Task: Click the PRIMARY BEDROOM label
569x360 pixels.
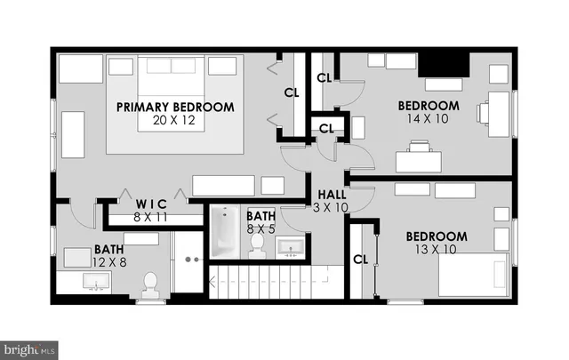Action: click(x=175, y=108)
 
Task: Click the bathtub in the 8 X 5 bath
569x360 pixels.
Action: click(x=222, y=234)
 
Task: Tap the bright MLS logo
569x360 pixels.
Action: click(x=29, y=349)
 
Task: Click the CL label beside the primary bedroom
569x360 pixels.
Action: click(x=292, y=92)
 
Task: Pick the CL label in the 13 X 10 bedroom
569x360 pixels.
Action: click(x=360, y=260)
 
